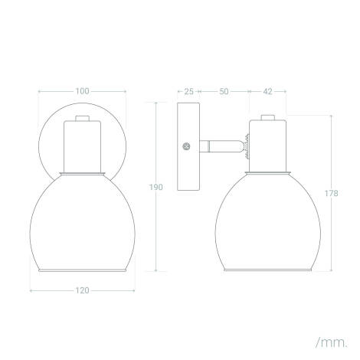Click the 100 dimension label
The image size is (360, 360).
point(81,91)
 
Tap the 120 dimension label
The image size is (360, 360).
point(81,290)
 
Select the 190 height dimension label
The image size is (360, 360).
point(156,187)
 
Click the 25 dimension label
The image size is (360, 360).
point(188,91)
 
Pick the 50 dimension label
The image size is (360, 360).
point(224,91)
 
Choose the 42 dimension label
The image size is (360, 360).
point(267,91)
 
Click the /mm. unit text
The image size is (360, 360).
point(330,338)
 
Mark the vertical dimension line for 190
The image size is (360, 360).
point(156,230)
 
